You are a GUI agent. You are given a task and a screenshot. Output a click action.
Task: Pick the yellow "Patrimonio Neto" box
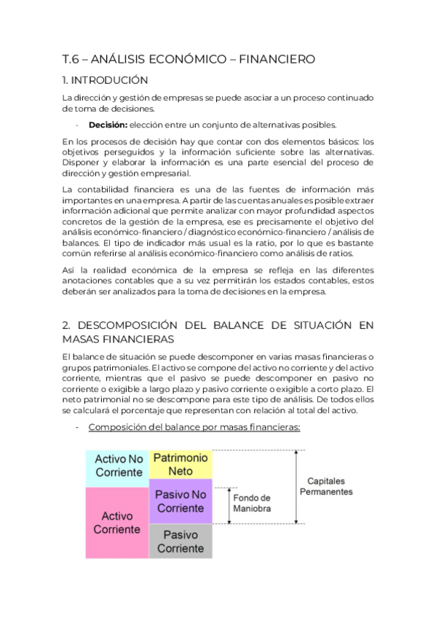(181, 464)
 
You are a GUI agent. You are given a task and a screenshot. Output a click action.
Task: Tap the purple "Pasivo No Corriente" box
(181, 501)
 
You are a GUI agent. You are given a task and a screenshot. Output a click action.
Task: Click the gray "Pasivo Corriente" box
(181, 541)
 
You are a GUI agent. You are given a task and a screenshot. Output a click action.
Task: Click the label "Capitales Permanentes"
(326, 487)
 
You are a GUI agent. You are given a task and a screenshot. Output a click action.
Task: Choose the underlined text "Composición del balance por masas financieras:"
(194, 427)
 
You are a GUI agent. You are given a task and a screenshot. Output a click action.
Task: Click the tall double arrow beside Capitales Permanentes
(296, 487)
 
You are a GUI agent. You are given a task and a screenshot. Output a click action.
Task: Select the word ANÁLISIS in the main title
(119, 59)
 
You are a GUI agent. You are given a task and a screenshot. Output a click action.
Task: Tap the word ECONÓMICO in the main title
(186, 59)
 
